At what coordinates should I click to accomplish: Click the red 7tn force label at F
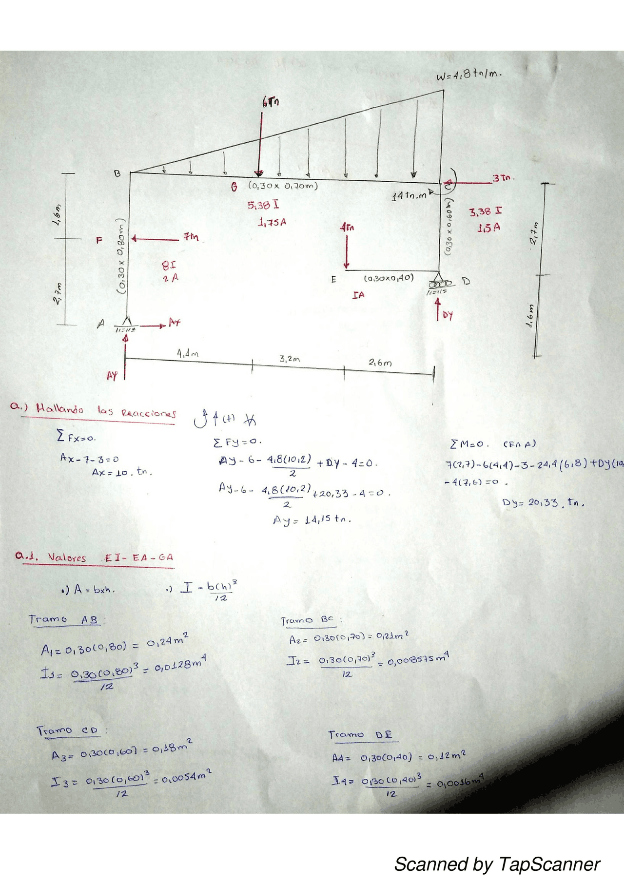click(191, 237)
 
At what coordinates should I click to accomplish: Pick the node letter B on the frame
click(117, 173)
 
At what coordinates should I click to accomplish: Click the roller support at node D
click(440, 284)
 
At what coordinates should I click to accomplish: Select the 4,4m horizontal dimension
click(187, 353)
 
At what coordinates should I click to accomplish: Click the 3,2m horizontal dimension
click(290, 359)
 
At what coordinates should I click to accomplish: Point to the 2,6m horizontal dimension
click(380, 363)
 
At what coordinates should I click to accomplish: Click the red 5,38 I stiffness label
click(263, 205)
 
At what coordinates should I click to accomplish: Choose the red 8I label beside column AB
click(169, 266)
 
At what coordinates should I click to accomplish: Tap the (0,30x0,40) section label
click(389, 278)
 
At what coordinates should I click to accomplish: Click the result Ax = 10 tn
click(122, 472)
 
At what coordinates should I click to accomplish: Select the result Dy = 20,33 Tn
click(543, 502)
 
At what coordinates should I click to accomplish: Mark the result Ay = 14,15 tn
click(312, 520)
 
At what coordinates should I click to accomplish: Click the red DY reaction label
click(448, 316)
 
